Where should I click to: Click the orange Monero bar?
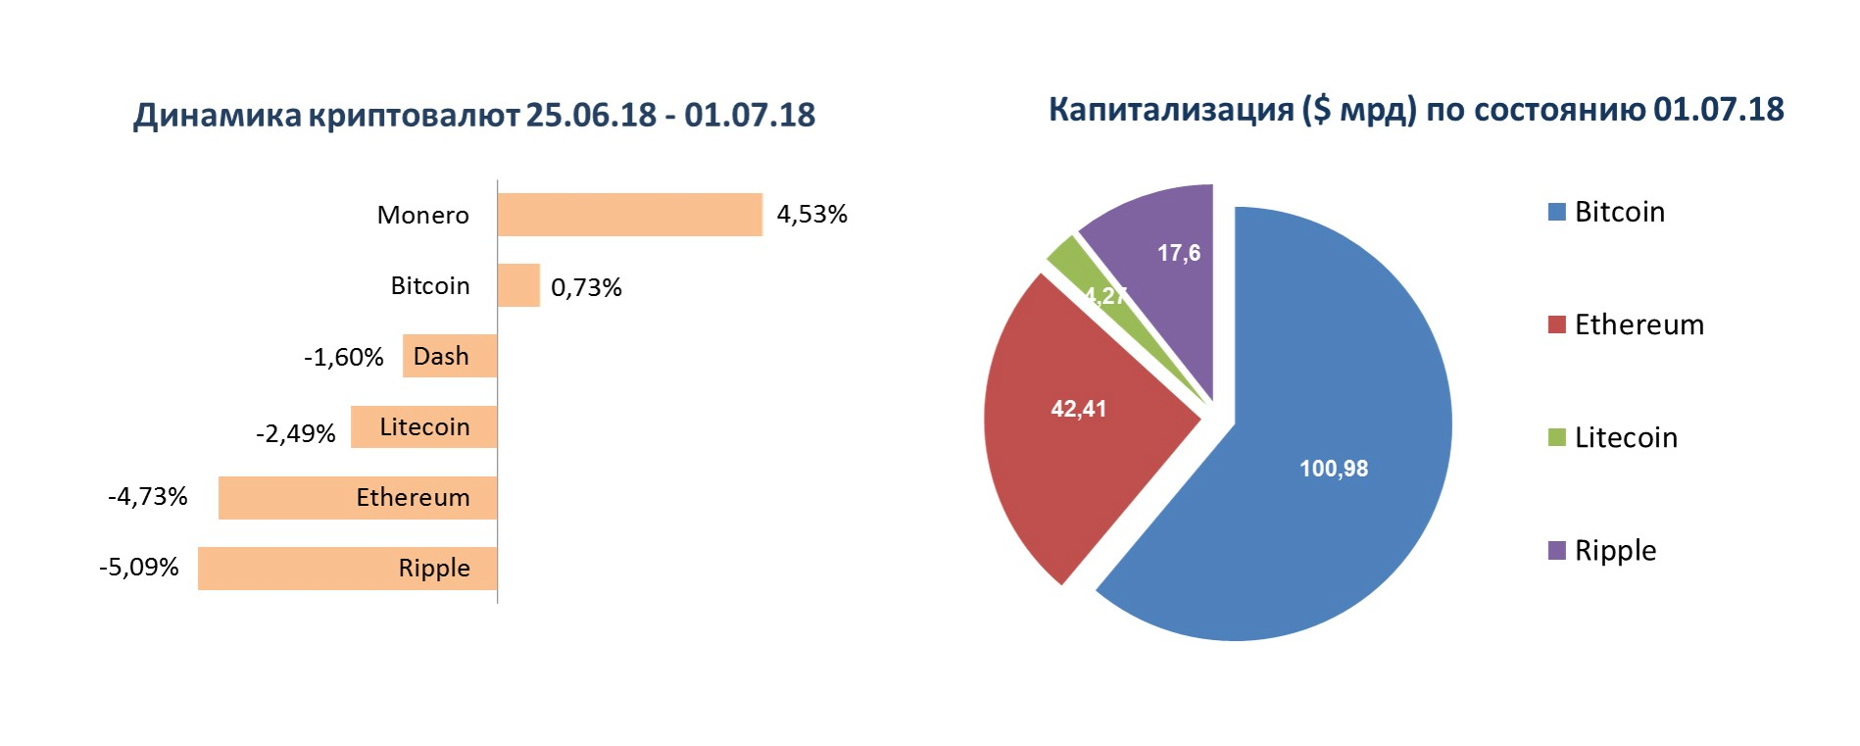(631, 215)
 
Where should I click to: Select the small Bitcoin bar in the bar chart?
(518, 285)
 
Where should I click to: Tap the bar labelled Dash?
(449, 356)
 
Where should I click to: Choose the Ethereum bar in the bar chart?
(357, 497)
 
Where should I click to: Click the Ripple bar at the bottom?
(347, 568)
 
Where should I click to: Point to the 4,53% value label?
(812, 214)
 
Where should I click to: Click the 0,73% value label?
(586, 286)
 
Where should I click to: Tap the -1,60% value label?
(343, 357)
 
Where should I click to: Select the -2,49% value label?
(295, 433)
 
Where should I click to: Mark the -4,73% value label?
(147, 497)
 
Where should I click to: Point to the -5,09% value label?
(138, 568)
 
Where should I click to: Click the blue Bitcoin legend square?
(1555, 212)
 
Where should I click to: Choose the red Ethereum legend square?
(1555, 325)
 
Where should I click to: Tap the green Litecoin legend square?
(1555, 438)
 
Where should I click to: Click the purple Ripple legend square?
(1555, 551)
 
